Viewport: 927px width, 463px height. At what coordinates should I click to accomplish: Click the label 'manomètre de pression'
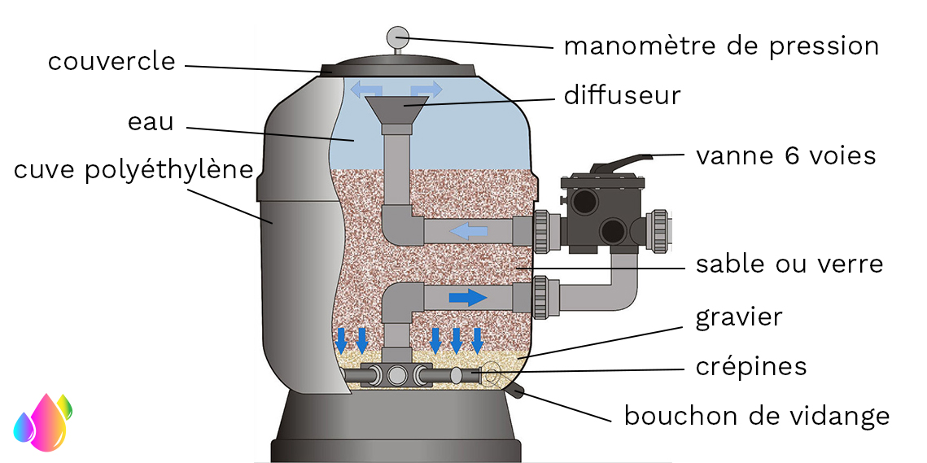[721, 46]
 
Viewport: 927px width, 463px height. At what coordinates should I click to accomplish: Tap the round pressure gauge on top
[396, 36]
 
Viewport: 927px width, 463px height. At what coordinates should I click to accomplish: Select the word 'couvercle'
[112, 61]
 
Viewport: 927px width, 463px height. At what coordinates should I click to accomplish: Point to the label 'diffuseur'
[623, 95]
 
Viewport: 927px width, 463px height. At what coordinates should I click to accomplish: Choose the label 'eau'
[151, 122]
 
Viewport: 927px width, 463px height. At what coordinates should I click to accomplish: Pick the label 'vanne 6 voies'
[785, 155]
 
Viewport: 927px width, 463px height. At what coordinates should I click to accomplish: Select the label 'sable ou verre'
[789, 264]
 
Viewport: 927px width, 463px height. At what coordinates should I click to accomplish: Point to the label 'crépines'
[751, 366]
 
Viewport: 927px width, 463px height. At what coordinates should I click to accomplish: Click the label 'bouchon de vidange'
[756, 416]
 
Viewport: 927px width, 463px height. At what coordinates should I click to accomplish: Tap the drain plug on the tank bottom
[516, 393]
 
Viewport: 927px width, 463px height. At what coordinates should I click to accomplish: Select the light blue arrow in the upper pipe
[470, 232]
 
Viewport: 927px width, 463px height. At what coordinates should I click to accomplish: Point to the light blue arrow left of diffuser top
[364, 88]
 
